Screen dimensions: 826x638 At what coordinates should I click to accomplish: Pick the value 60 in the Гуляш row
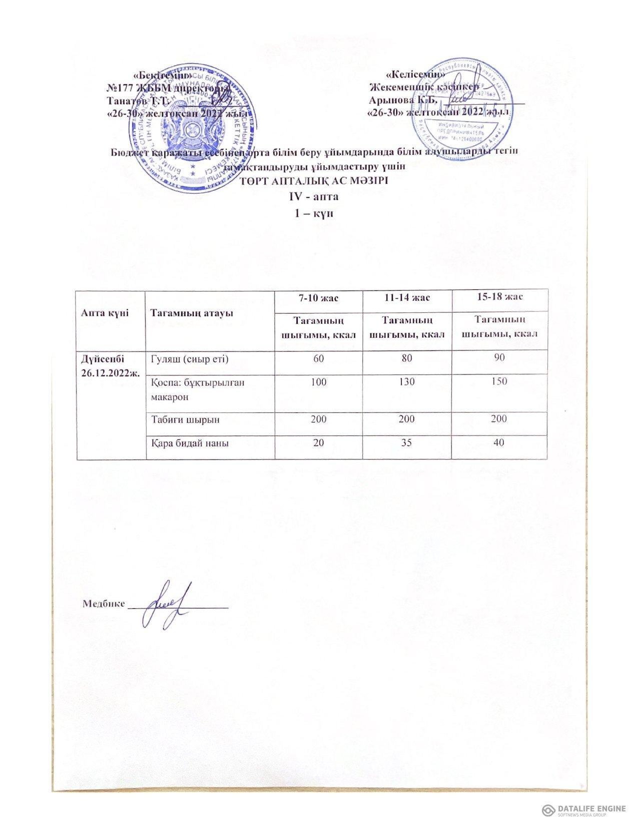click(x=318, y=358)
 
